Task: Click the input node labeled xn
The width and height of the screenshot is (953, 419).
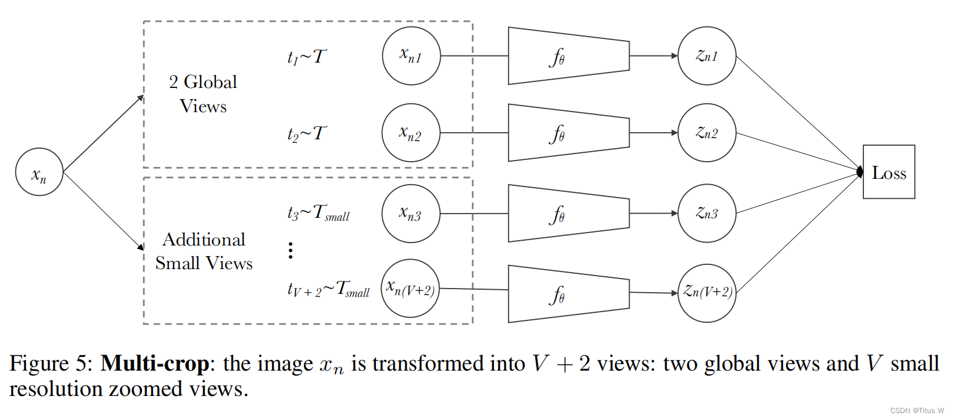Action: click(39, 172)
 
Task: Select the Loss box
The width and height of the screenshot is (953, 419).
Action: click(889, 172)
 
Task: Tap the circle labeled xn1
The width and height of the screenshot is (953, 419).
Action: click(411, 55)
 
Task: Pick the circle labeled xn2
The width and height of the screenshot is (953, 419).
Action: click(411, 133)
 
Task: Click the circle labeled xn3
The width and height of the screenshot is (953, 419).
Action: click(411, 213)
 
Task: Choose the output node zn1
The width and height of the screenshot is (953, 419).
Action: click(707, 55)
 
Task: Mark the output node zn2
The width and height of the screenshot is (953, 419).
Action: click(707, 133)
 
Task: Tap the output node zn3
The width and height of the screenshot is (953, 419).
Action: click(707, 213)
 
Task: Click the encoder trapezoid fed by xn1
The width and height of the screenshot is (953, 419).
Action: click(568, 56)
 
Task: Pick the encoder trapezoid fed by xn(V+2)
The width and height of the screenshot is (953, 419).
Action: click(568, 294)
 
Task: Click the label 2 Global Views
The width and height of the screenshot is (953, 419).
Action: click(203, 94)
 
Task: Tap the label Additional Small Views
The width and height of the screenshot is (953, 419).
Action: click(204, 251)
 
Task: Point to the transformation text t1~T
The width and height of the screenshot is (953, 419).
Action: click(306, 57)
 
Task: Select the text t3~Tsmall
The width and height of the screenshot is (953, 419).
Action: click(318, 213)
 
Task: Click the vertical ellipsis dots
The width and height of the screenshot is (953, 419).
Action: click(290, 250)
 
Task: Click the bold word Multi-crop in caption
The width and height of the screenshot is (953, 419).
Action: click(155, 364)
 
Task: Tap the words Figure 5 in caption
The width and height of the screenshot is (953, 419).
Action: click(50, 364)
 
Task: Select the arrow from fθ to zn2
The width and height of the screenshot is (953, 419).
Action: click(653, 133)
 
